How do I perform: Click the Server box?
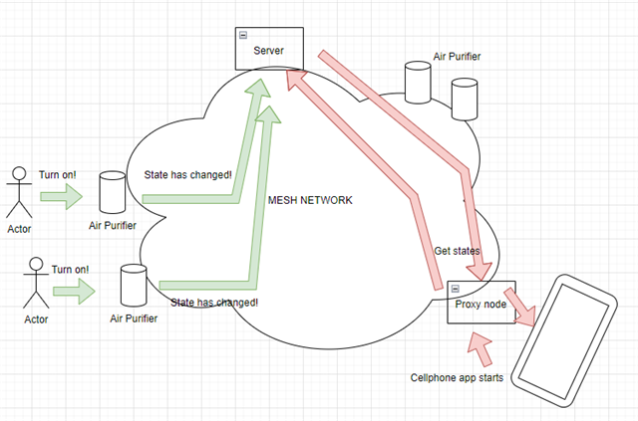tap(269, 49)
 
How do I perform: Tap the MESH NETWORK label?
tap(311, 200)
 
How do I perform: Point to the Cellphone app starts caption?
tap(457, 378)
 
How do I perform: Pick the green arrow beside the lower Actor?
tap(76, 292)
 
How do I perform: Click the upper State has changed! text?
tap(187, 175)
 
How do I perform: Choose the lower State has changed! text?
tap(214, 302)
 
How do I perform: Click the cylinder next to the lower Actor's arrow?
tap(132, 285)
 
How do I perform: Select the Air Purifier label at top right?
tap(458, 57)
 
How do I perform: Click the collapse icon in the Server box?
tap(242, 36)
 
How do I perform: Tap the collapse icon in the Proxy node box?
tap(455, 289)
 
